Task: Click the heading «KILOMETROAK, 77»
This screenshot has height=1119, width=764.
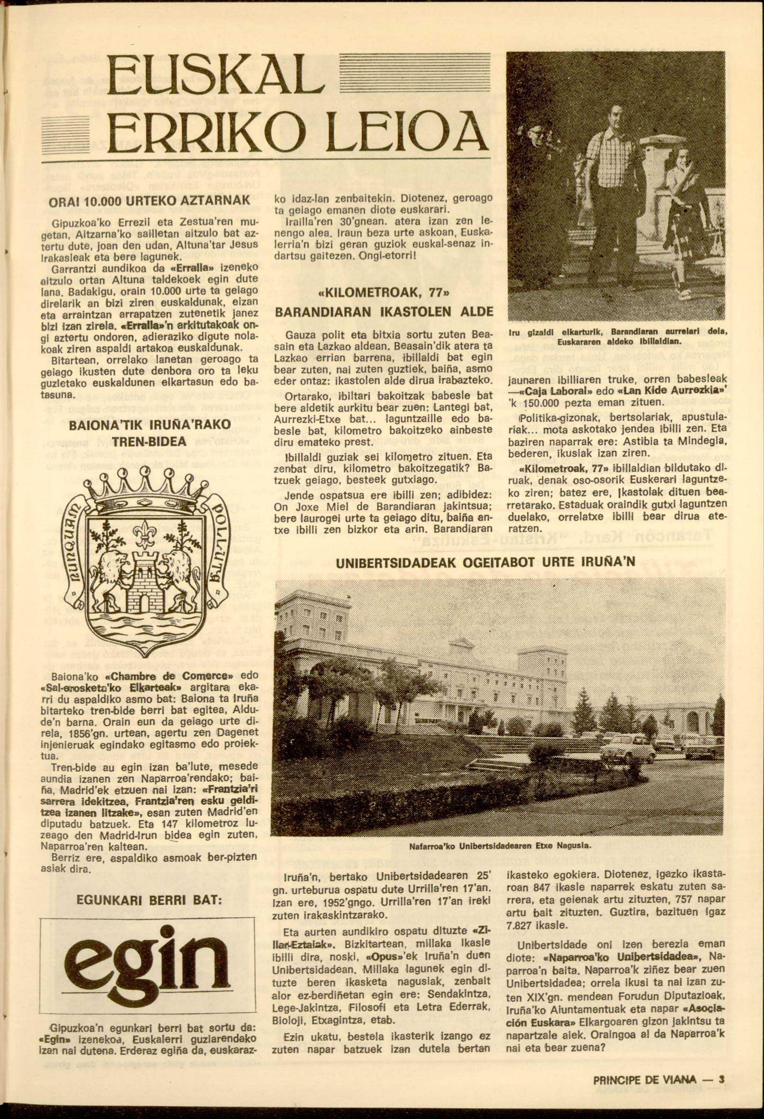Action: (x=384, y=293)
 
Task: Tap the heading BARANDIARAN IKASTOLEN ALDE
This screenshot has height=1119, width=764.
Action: (x=384, y=312)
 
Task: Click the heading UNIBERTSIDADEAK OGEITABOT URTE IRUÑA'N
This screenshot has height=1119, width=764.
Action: (x=485, y=562)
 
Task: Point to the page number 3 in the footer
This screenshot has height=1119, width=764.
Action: (x=721, y=1063)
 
